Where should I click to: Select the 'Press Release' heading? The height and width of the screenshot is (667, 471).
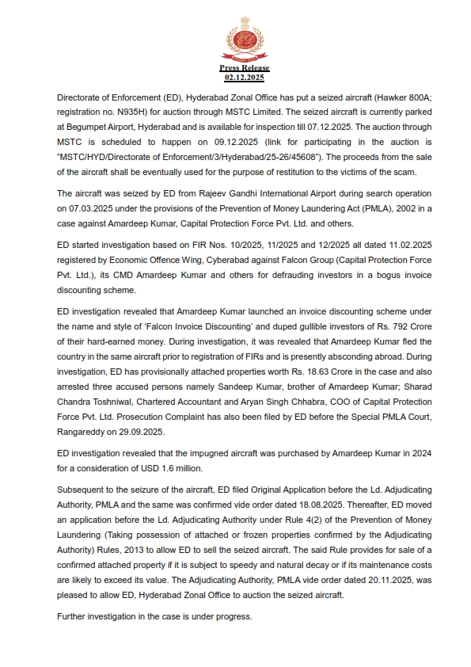(244, 69)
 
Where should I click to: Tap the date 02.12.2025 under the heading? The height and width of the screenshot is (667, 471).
(244, 78)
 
